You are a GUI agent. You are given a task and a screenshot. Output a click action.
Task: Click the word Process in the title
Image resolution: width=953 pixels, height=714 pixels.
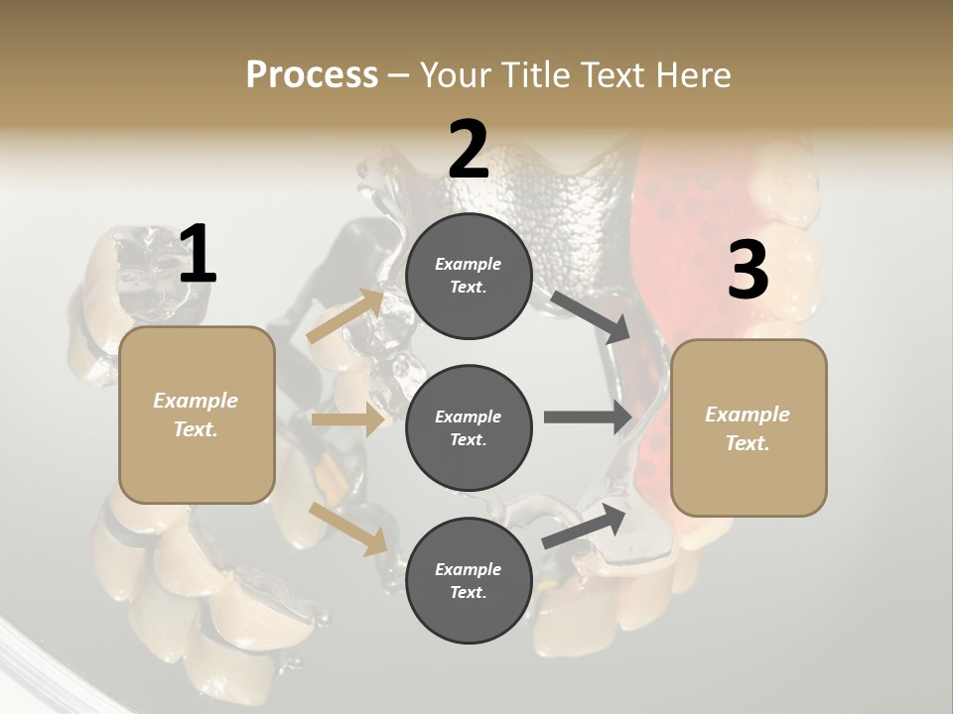pyautogui.click(x=312, y=74)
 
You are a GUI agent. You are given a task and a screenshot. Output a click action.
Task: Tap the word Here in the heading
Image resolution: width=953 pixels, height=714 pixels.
pyautogui.click(x=693, y=74)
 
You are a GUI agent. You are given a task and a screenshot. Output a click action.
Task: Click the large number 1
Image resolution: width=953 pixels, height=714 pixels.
pyautogui.click(x=198, y=255)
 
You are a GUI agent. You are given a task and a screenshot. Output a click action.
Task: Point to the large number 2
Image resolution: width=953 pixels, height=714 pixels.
pyautogui.click(x=469, y=149)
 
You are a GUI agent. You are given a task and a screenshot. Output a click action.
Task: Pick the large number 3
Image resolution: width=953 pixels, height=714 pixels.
pyautogui.click(x=748, y=270)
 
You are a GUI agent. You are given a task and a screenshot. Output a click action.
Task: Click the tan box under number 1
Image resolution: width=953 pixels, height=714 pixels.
pyautogui.click(x=197, y=415)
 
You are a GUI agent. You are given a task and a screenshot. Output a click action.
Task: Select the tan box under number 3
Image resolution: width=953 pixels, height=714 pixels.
pyautogui.click(x=749, y=427)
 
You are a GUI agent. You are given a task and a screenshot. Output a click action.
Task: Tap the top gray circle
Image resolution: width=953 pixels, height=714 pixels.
pyautogui.click(x=469, y=276)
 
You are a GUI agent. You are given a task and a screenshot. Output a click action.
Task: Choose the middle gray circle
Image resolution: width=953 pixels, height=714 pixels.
pyautogui.click(x=469, y=427)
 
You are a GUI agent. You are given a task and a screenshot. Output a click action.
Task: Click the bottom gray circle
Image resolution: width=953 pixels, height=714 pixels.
pyautogui.click(x=469, y=580)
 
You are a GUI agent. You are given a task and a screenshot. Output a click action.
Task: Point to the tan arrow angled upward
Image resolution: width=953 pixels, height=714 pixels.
pyautogui.click(x=347, y=315)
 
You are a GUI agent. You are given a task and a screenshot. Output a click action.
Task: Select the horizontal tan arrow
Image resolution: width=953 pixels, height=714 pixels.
pyautogui.click(x=347, y=420)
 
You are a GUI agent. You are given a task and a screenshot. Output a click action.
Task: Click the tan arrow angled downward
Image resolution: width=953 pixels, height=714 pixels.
pyautogui.click(x=348, y=529)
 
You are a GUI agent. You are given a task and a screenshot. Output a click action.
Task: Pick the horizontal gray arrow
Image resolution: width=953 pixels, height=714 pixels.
pyautogui.click(x=588, y=416)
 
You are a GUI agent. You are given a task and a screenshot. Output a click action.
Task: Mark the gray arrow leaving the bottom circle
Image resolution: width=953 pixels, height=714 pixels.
pyautogui.click(x=585, y=527)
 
